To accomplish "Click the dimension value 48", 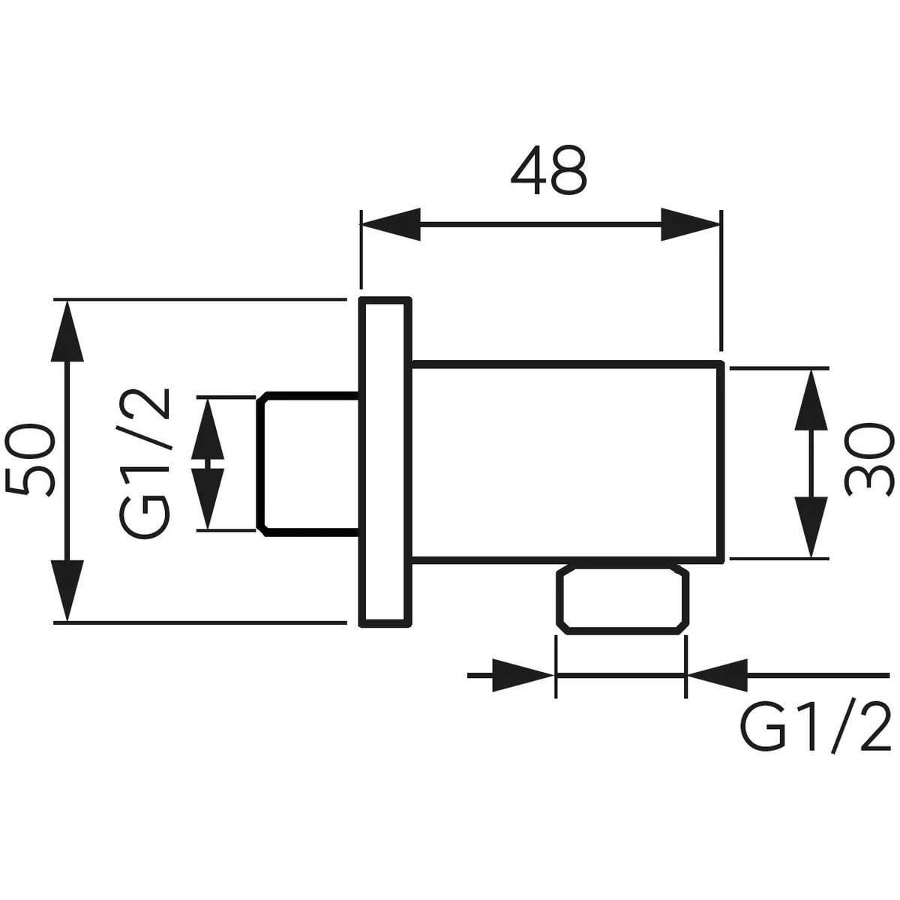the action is click(x=548, y=170).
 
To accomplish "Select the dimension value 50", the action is click(x=30, y=459).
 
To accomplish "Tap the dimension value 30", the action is click(x=869, y=459).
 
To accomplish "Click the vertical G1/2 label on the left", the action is click(x=143, y=463).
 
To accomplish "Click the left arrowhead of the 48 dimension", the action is click(x=391, y=225).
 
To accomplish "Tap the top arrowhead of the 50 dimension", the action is click(x=67, y=331).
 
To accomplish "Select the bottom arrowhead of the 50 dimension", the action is click(x=67, y=591).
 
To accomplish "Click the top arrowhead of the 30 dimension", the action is click(x=811, y=400).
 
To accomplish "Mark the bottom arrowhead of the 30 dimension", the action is click(x=811, y=527).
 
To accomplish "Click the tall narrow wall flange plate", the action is click(x=385, y=461).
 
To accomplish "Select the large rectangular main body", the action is click(x=567, y=460).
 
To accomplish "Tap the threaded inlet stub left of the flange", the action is click(x=307, y=463).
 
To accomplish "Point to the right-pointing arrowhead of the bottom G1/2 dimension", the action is click(x=523, y=675).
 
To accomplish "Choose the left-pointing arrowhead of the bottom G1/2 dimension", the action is click(x=717, y=675).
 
